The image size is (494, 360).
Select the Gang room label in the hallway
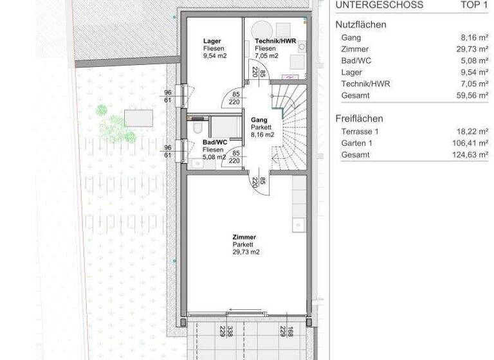point(259,120)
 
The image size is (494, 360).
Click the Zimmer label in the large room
point(244,237)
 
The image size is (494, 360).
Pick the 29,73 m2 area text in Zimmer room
point(246,253)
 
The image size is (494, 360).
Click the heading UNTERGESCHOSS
point(379,5)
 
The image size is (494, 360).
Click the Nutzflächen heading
point(361,25)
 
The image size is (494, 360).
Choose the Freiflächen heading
point(359,118)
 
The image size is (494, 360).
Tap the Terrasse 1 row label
point(361,131)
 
